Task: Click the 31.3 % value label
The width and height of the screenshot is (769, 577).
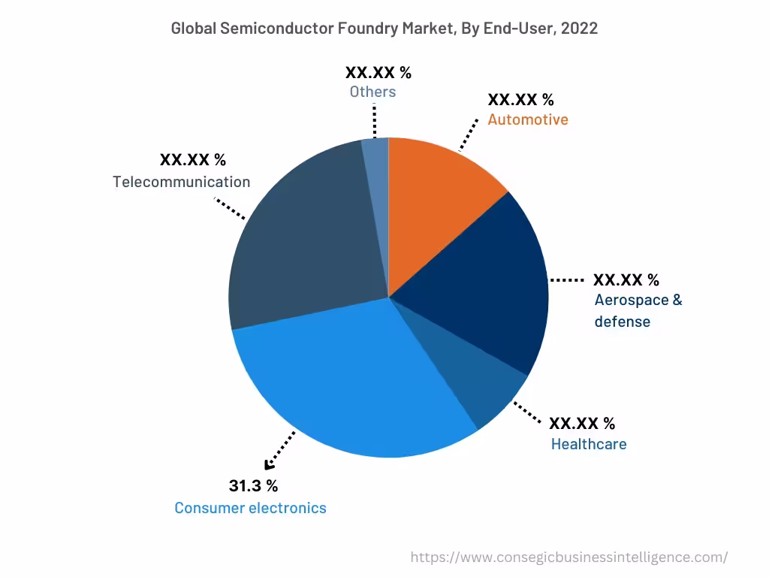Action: click(x=253, y=485)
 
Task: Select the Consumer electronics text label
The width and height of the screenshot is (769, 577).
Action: click(x=250, y=508)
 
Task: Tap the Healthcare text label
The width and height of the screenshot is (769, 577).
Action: click(x=589, y=444)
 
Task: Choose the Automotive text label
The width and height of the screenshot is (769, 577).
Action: click(x=528, y=119)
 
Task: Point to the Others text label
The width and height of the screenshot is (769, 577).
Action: click(x=372, y=92)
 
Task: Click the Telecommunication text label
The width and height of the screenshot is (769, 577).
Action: click(x=182, y=182)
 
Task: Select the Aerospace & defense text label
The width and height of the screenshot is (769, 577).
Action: click(x=638, y=310)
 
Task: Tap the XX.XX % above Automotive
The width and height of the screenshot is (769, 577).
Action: click(x=520, y=100)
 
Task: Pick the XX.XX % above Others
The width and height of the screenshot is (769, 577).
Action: click(x=378, y=73)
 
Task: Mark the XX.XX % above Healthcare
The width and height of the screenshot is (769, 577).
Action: click(x=582, y=423)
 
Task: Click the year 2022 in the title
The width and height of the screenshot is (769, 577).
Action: click(x=578, y=29)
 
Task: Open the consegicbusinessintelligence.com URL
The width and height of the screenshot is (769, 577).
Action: click(x=569, y=557)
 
